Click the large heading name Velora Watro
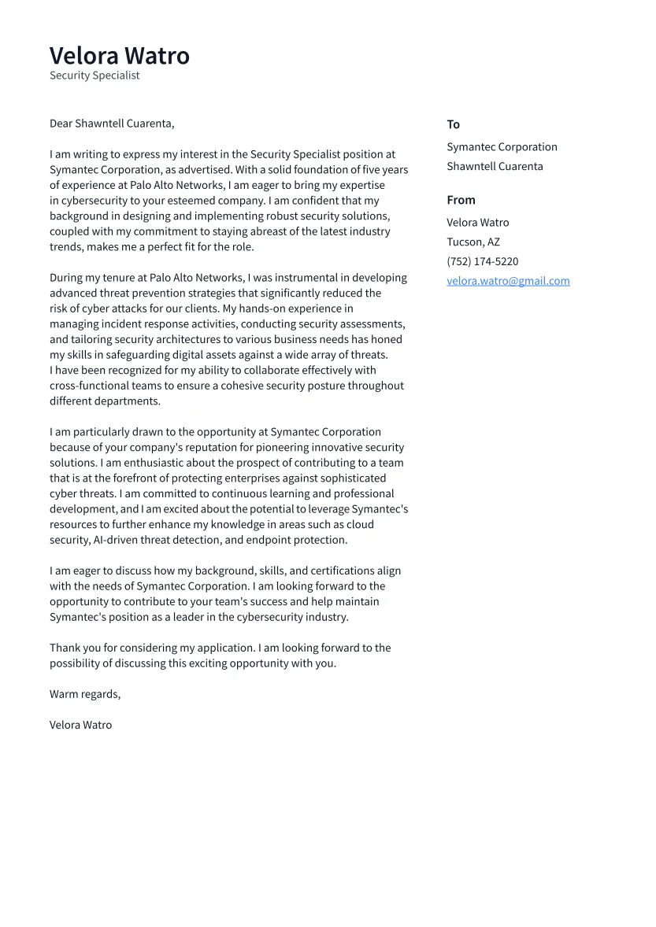120,56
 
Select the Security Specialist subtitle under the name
95,76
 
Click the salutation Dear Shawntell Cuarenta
112,124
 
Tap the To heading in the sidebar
453,124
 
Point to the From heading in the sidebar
461,200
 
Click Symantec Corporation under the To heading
502,147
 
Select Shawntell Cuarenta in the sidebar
495,166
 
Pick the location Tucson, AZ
473,242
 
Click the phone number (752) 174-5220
482,261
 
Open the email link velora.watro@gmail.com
508,281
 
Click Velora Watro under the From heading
477,223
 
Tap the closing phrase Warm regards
84,694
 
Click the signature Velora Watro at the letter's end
80,725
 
